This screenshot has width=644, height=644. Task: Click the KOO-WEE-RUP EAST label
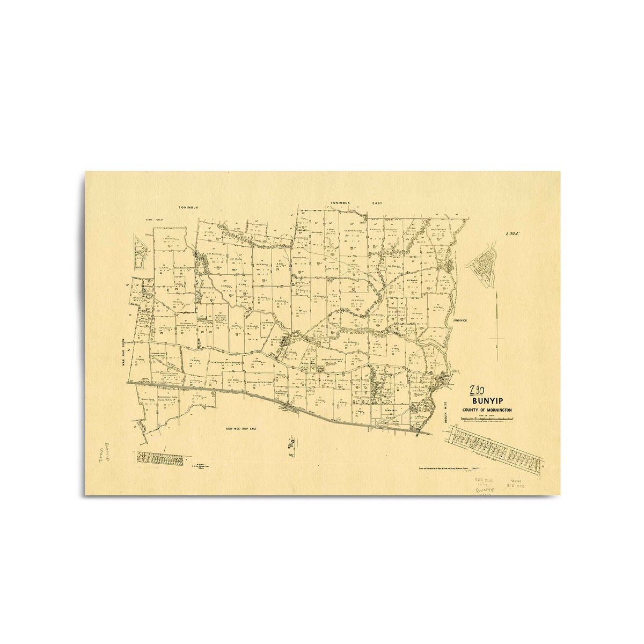(244, 429)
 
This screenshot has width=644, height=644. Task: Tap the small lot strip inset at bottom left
(162, 458)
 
